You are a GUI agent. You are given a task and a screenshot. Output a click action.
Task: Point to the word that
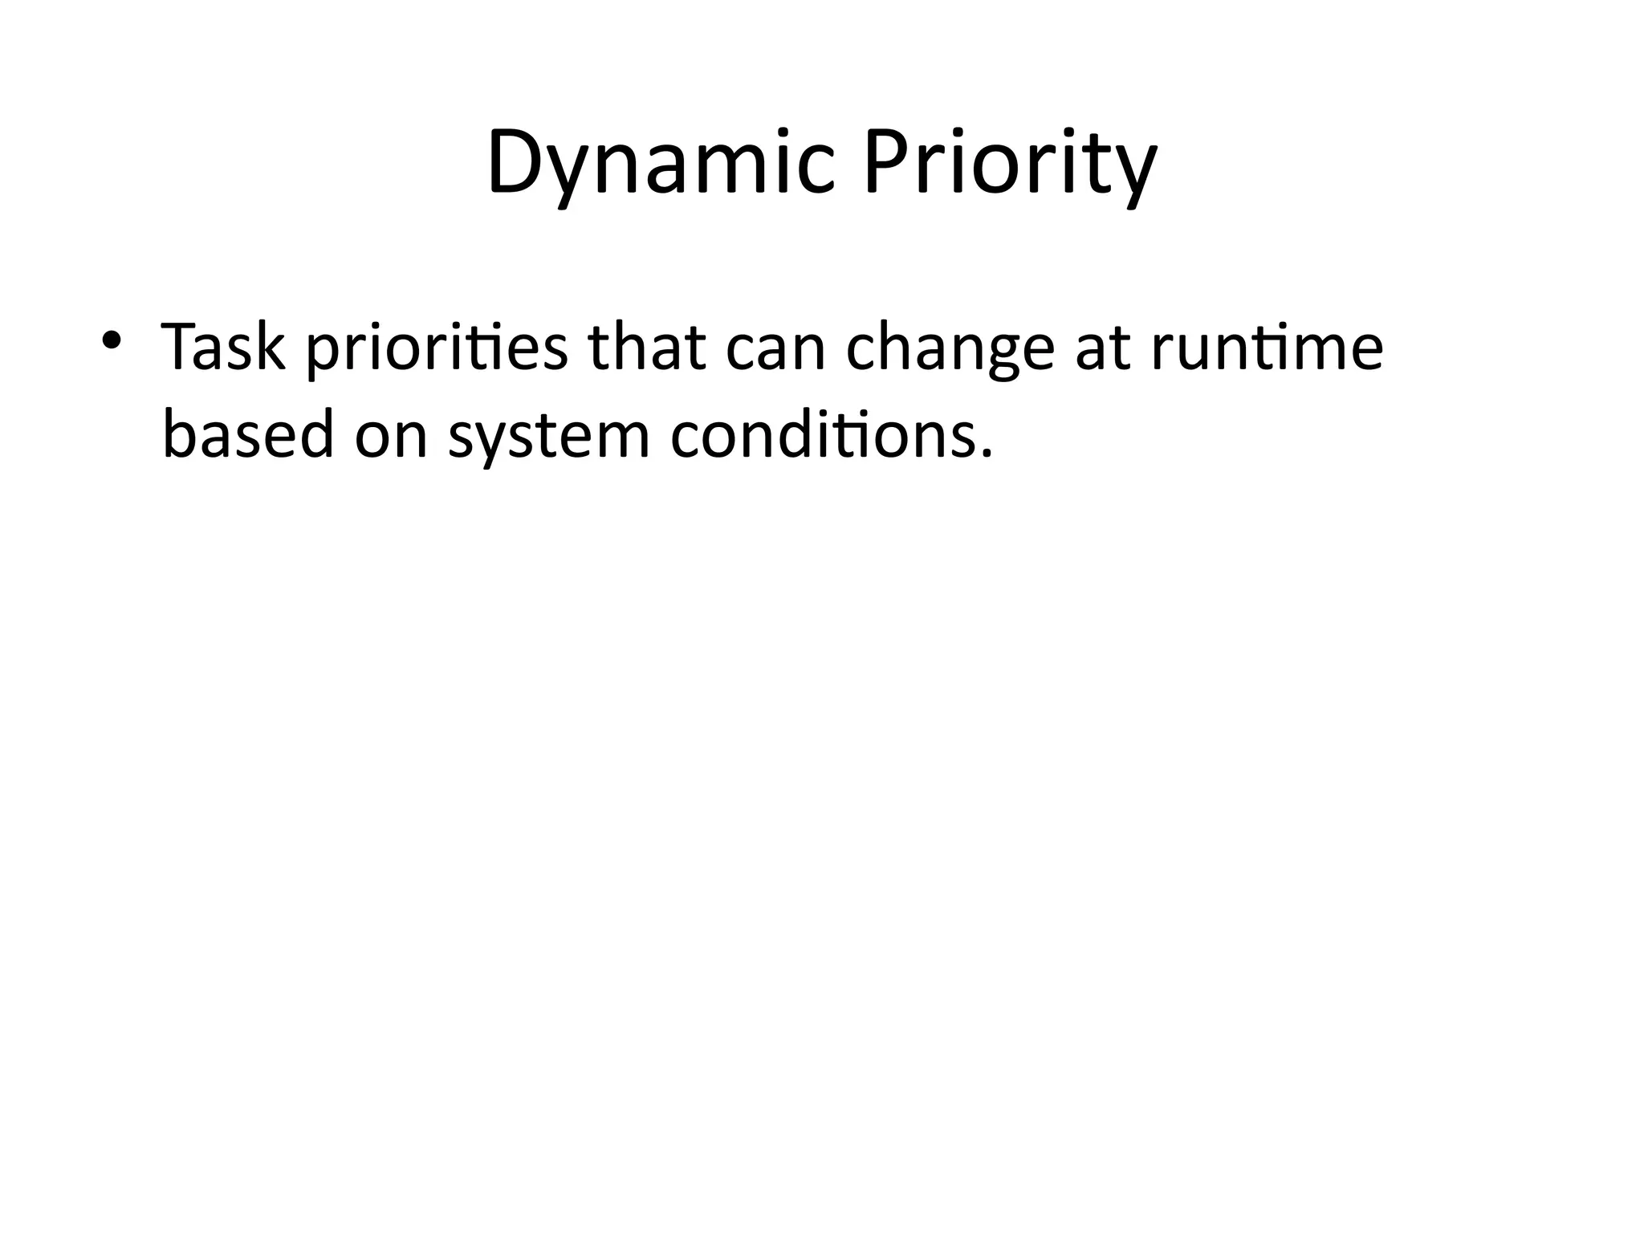[x=647, y=347]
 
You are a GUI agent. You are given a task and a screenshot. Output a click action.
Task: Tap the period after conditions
[x=987, y=454]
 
